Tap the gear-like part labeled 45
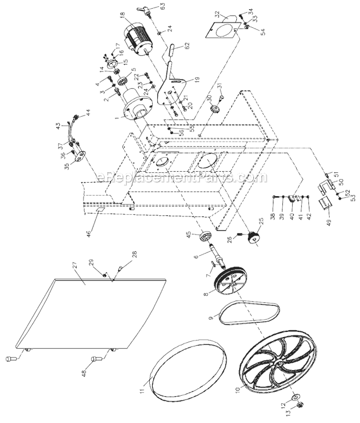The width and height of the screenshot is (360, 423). tap(204, 238)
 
